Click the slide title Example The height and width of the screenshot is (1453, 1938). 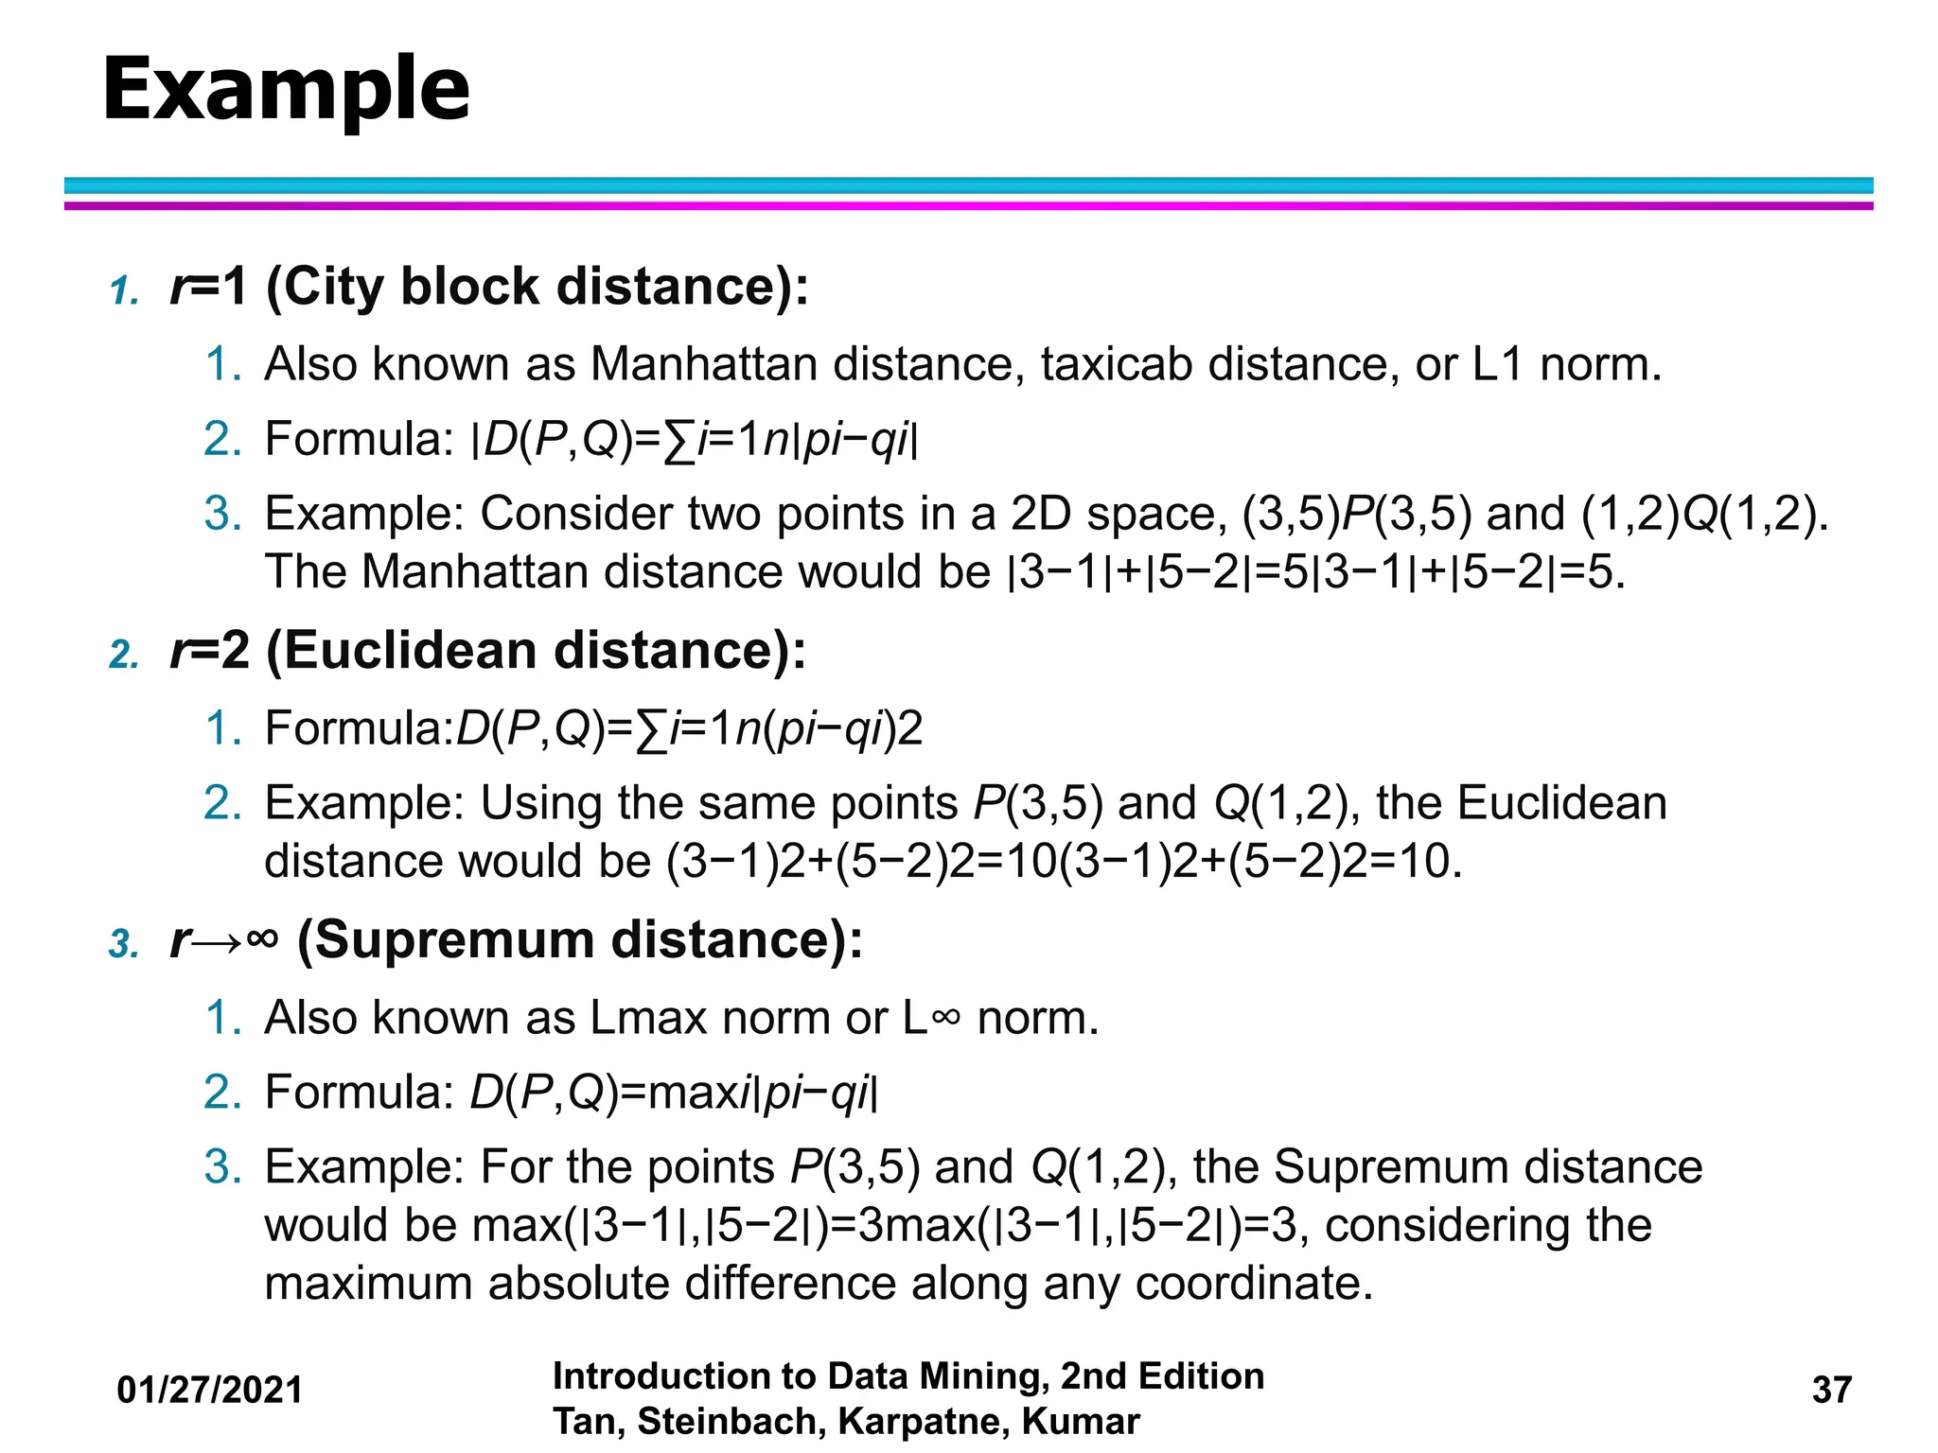pos(286,91)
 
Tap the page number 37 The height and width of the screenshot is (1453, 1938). pos(1831,1390)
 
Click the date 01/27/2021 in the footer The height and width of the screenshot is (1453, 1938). pos(209,1390)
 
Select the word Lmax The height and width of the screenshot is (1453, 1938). pos(648,1019)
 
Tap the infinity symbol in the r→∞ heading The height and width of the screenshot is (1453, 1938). pos(261,939)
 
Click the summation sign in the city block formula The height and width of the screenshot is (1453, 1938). pos(674,442)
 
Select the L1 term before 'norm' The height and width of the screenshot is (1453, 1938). pos(1498,364)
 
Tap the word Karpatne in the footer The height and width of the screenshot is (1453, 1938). pos(921,1422)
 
